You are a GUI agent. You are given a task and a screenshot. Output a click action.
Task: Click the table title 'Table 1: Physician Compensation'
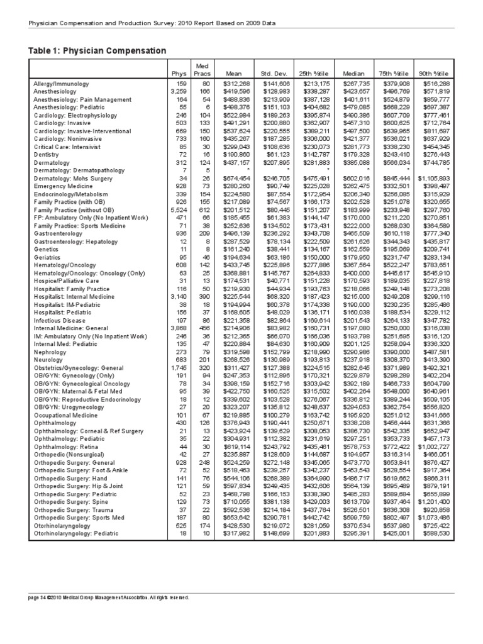[97, 50]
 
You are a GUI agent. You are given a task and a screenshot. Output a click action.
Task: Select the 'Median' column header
[354, 73]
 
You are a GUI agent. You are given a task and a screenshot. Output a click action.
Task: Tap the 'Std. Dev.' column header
[274, 73]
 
